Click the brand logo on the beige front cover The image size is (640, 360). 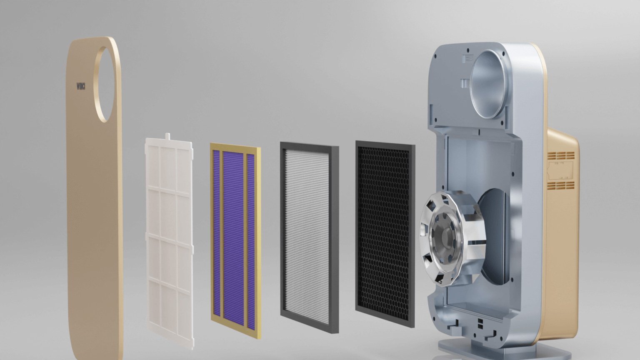pyautogui.click(x=81, y=87)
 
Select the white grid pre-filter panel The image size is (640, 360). pyautogui.click(x=169, y=242)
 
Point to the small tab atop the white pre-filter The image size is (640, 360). pyautogui.click(x=168, y=136)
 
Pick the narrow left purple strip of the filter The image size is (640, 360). pyautogui.click(x=216, y=233)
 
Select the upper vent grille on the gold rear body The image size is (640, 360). pyautogui.click(x=561, y=156)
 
